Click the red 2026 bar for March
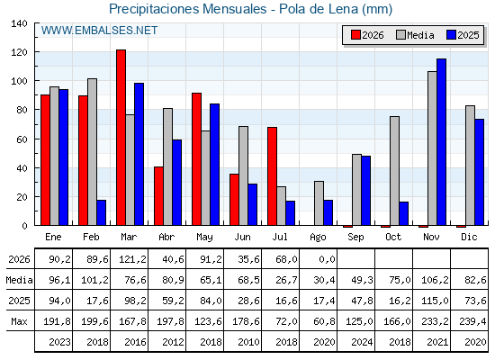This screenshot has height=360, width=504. pos(121,138)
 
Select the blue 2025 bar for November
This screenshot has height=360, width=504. pos(441,142)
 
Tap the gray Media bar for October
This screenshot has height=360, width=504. pos(394,171)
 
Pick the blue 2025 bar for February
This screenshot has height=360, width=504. pos(101,212)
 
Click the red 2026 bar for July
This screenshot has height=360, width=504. pos(272,176)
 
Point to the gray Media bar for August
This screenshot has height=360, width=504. pos(319,203)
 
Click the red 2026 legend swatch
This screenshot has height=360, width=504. pos(355,35)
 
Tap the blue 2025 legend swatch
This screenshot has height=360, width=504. pos(451,35)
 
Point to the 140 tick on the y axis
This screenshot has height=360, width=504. pos(20,23)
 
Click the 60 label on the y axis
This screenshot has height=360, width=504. pos(22,139)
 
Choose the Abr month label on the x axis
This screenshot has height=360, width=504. pos(166,238)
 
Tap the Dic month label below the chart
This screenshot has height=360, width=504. pos(469,238)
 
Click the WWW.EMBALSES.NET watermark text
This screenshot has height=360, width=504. pos(99,31)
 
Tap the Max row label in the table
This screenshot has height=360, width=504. pos(19,321)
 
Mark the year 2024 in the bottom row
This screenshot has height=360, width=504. pos(362,342)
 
